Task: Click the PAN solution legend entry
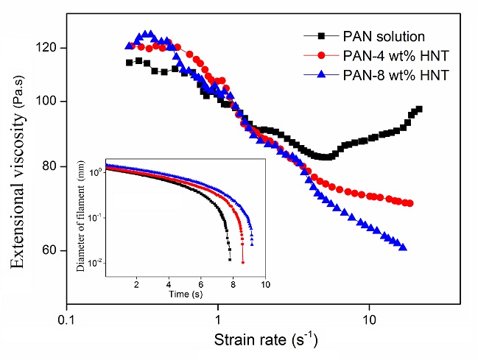pyautogui.click(x=383, y=35)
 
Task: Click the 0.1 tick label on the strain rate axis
pyautogui.click(x=67, y=320)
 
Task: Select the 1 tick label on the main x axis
pyautogui.click(x=218, y=320)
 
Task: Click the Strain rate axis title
pyautogui.click(x=267, y=342)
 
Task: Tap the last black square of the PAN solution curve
pyautogui.click(x=419, y=109)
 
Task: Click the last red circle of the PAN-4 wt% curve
pyautogui.click(x=410, y=203)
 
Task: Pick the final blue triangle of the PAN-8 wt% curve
pyautogui.click(x=403, y=247)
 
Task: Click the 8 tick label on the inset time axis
pyautogui.click(x=233, y=283)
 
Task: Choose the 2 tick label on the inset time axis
pyautogui.click(x=136, y=283)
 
